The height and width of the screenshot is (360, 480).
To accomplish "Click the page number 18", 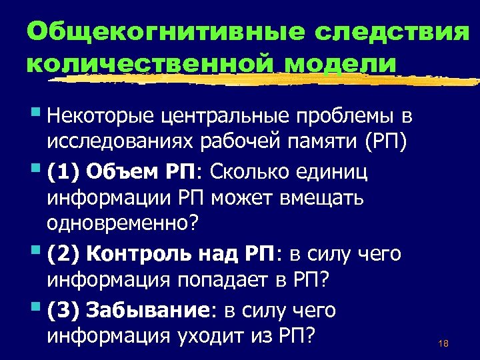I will pyautogui.click(x=443, y=344).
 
